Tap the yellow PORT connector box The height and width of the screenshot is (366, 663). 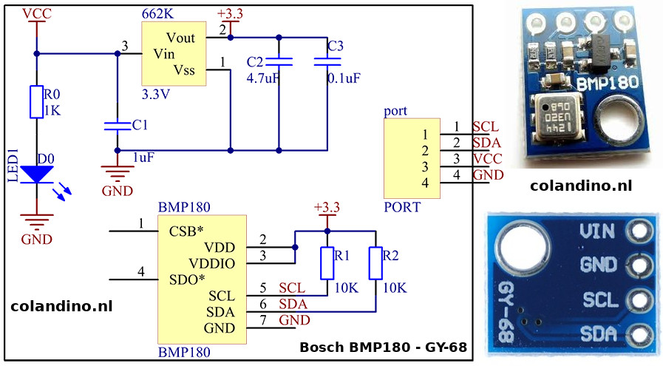(412, 158)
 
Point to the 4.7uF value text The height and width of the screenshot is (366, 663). (263, 76)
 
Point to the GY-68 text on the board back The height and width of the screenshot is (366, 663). (508, 312)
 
